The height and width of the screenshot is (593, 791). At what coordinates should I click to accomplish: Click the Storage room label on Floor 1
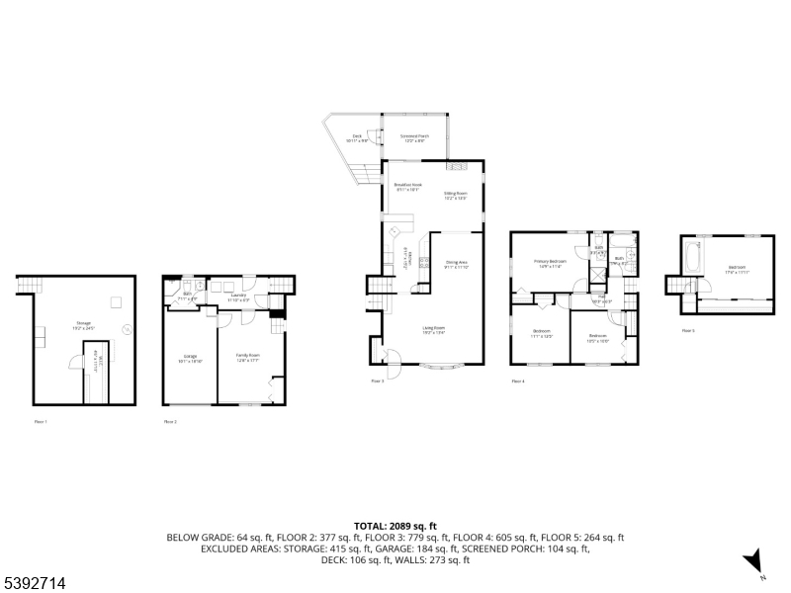coord(83,325)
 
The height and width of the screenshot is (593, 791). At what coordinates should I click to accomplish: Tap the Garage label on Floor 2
coord(190,358)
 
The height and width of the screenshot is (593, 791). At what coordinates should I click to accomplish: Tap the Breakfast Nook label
coord(407,187)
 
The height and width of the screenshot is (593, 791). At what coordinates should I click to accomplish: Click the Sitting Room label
coord(455,196)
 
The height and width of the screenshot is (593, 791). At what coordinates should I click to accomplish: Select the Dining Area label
coord(456,264)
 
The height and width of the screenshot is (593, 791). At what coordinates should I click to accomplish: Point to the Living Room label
coord(433,330)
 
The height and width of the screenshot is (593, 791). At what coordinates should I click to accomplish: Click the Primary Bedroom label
coord(552,264)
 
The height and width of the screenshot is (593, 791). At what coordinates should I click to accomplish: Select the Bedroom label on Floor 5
coord(738,269)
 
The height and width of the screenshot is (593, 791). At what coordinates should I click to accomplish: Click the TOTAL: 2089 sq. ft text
coord(395,526)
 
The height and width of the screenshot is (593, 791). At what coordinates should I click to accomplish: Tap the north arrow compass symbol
coord(755,560)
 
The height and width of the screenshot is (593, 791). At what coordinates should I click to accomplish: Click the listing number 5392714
coord(35,584)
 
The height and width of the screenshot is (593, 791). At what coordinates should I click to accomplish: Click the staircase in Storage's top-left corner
coord(25,287)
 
